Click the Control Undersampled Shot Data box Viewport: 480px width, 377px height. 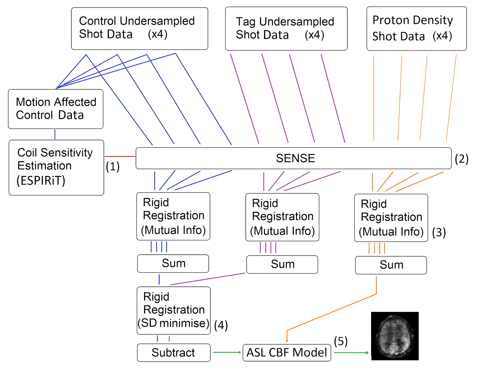coord(139,28)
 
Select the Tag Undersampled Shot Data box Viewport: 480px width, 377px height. coord(286,29)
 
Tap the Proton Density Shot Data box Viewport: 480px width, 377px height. coord(416,29)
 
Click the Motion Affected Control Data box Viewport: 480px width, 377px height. coord(56,109)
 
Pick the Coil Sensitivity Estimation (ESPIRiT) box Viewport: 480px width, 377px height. coord(56,168)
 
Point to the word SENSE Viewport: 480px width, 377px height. coord(295,158)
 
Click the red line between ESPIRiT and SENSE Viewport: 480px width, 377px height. coord(120,156)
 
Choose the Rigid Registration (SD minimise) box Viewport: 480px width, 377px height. coord(173,310)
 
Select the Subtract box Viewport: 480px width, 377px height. coord(173,353)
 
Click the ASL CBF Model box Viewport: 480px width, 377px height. coord(286,353)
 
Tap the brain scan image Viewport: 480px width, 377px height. coord(395,336)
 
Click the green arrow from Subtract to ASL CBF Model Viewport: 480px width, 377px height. coord(227,352)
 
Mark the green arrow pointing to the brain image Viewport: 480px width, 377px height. coord(351,353)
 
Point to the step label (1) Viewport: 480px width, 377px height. coord(113,167)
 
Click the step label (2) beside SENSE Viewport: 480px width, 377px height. coord(462,159)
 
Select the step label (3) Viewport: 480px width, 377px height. coord(439,232)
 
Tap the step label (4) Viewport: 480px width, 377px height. coord(221,325)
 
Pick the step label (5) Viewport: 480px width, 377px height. coord(341,341)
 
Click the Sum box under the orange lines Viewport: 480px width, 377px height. coord(391,265)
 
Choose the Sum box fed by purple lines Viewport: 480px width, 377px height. coord(282,264)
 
